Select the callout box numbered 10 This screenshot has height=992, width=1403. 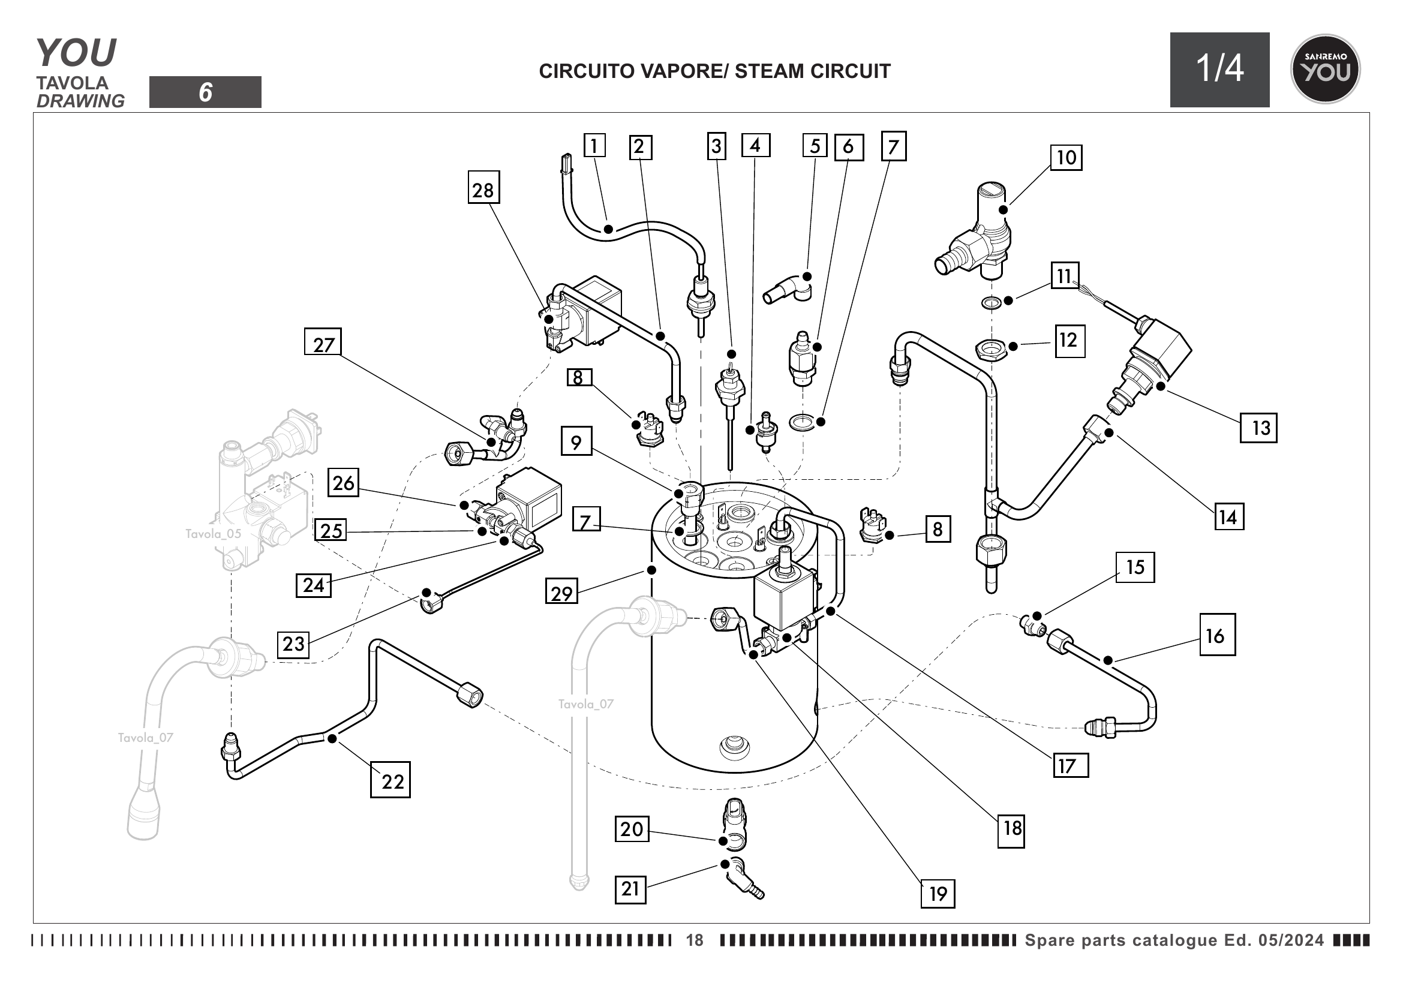click(x=1066, y=158)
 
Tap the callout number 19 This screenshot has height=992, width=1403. click(x=938, y=894)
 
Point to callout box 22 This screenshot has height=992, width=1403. click(x=390, y=780)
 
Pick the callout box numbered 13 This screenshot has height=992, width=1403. click(x=1258, y=428)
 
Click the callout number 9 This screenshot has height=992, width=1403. click(x=576, y=441)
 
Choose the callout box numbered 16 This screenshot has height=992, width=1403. click(x=1216, y=635)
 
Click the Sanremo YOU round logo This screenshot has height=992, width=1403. click(x=1325, y=69)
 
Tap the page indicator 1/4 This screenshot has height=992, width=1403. click(x=1219, y=69)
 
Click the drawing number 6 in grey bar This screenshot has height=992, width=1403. click(x=205, y=92)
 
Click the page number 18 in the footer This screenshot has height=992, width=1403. click(x=695, y=940)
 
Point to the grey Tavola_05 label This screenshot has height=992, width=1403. click(x=214, y=534)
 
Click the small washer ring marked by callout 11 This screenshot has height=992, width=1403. click(x=990, y=302)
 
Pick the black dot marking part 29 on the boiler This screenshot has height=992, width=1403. click(x=651, y=570)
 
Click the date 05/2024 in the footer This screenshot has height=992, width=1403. click(x=1291, y=940)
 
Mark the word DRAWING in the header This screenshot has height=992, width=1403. click(x=80, y=101)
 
